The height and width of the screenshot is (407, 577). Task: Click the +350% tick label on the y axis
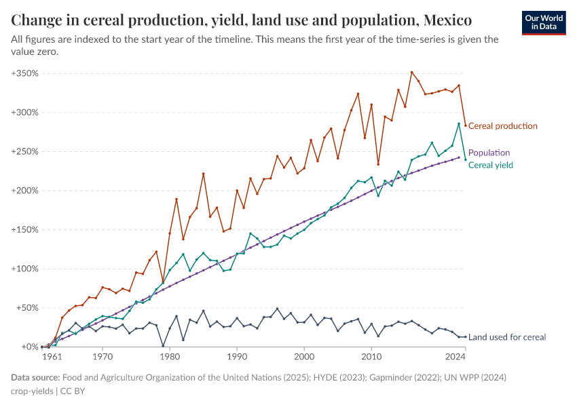[24, 73]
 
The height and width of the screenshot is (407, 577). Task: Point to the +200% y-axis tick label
[24, 191]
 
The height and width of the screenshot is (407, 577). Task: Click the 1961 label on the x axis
[52, 356]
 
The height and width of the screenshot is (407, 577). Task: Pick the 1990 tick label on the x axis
[237, 356]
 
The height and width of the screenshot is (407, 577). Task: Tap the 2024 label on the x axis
[455, 356]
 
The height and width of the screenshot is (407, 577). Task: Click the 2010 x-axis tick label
[371, 356]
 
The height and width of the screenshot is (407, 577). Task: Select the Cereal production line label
[503, 126]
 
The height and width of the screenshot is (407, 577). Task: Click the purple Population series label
[489, 153]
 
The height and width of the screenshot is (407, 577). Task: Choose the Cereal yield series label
[491, 165]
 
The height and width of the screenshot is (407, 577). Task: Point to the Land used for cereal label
[507, 337]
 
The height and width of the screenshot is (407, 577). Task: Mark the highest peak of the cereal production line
[411, 72]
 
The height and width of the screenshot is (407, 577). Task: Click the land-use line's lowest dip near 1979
[163, 346]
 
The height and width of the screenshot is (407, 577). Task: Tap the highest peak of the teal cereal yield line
[459, 124]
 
